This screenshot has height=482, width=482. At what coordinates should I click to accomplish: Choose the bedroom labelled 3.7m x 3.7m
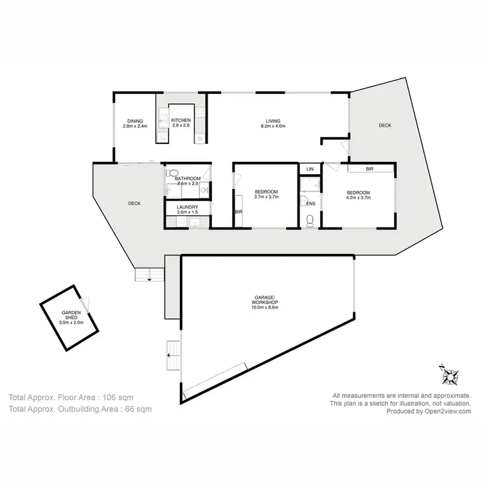click(x=266, y=195)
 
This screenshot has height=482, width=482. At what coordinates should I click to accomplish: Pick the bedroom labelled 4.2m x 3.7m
click(x=359, y=195)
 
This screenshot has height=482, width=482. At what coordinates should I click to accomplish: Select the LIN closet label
click(x=309, y=168)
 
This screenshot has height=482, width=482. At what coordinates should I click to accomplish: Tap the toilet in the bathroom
click(x=172, y=173)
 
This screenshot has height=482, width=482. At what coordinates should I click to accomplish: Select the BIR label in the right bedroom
click(x=370, y=169)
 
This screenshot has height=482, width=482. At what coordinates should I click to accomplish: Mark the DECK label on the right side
click(x=384, y=125)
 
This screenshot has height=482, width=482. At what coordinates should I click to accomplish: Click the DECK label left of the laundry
click(x=134, y=203)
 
